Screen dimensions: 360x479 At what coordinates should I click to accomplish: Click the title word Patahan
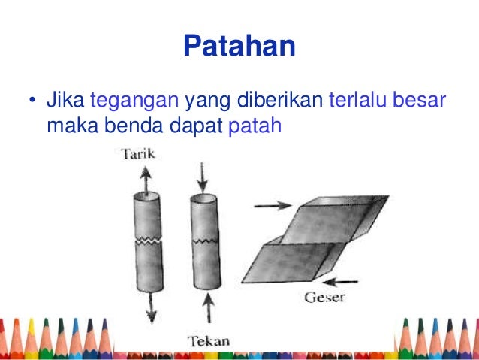click(x=239, y=47)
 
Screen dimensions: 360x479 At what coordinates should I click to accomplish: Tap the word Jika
click(x=66, y=100)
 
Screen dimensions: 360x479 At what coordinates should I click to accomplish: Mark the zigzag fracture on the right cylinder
click(x=203, y=241)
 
